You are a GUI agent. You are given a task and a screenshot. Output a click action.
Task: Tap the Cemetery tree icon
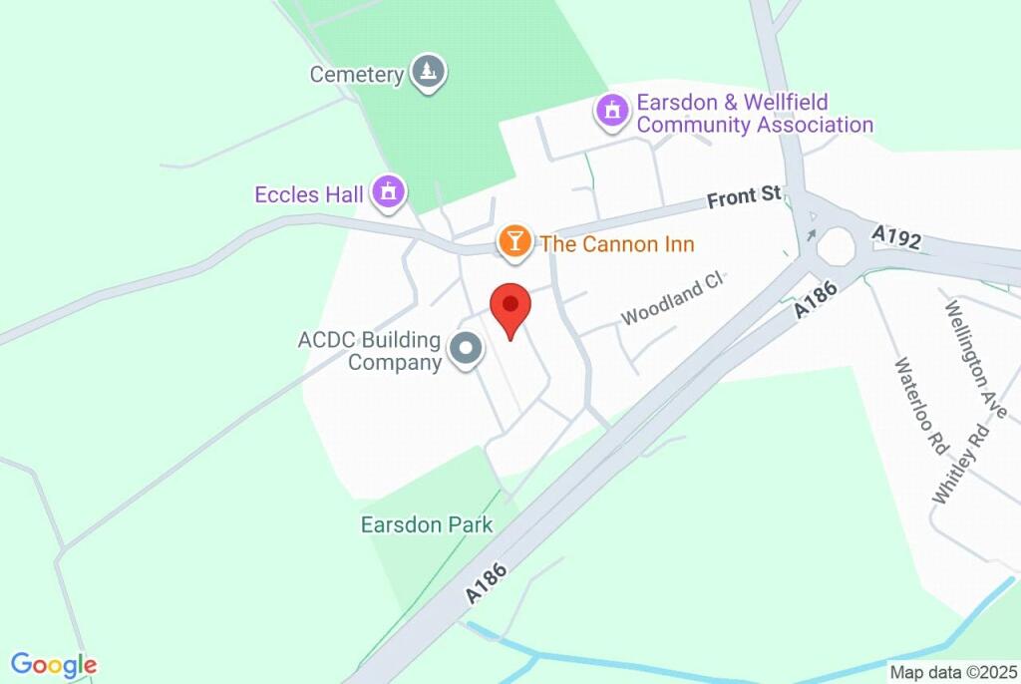[430, 72]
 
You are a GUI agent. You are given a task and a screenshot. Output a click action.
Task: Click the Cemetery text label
[356, 75]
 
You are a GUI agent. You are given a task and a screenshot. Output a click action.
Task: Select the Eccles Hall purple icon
[389, 191]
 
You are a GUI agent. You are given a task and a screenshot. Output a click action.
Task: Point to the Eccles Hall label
[309, 194]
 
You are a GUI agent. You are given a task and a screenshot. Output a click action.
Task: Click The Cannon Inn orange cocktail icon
[513, 242]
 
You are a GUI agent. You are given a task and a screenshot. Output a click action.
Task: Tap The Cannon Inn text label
[616, 244]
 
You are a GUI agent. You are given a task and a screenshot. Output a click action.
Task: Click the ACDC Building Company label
[370, 351]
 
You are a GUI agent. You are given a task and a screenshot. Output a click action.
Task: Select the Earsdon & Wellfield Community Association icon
[612, 111]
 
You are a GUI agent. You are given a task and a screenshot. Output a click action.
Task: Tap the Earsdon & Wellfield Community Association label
[755, 114]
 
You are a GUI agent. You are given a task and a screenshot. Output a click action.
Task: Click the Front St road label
[744, 196]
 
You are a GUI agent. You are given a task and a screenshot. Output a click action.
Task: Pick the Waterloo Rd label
[920, 406]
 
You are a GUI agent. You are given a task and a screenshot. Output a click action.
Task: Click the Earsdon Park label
[427, 523]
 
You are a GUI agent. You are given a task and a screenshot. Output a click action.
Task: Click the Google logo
[54, 665]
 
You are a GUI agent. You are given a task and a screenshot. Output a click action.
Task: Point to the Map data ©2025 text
[950, 672]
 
